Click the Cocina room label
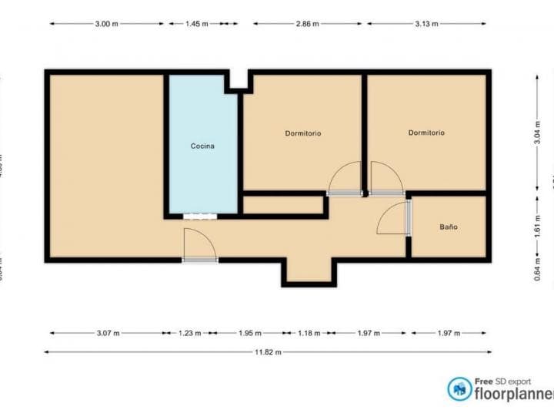pos(202,146)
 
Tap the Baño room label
pos(449,227)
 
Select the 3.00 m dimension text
pos(106,24)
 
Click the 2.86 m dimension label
pos(308,24)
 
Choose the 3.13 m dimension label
pos(426,24)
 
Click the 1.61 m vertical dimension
pos(537,227)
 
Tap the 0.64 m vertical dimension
pos(537,272)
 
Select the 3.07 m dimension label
pos(107,334)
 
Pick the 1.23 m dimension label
pos(189,334)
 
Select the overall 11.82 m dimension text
pos(267,352)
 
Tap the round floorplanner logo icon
pos(460,388)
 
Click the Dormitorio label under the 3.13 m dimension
pos(426,133)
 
